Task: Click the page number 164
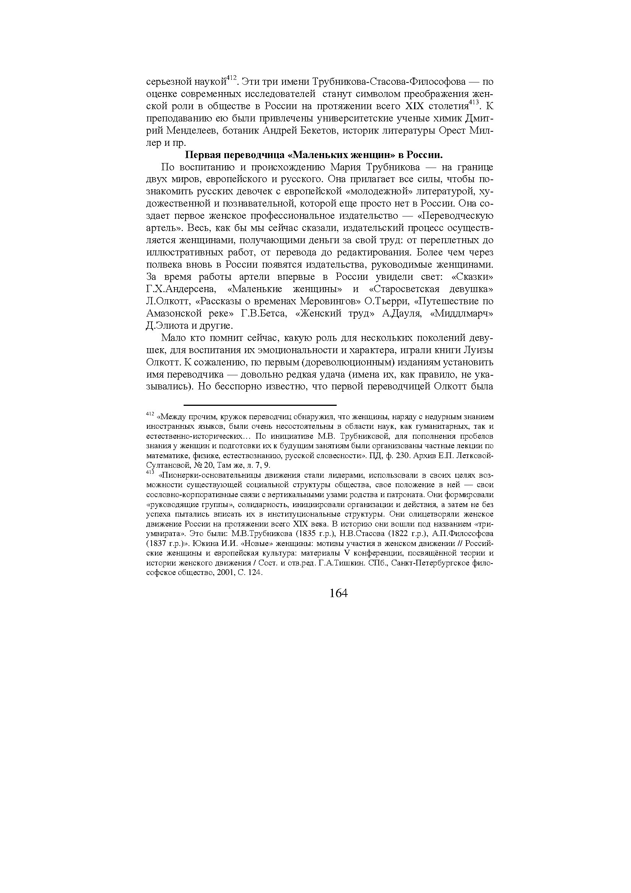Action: (x=338, y=593)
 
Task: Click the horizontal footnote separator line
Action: (x=260, y=405)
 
